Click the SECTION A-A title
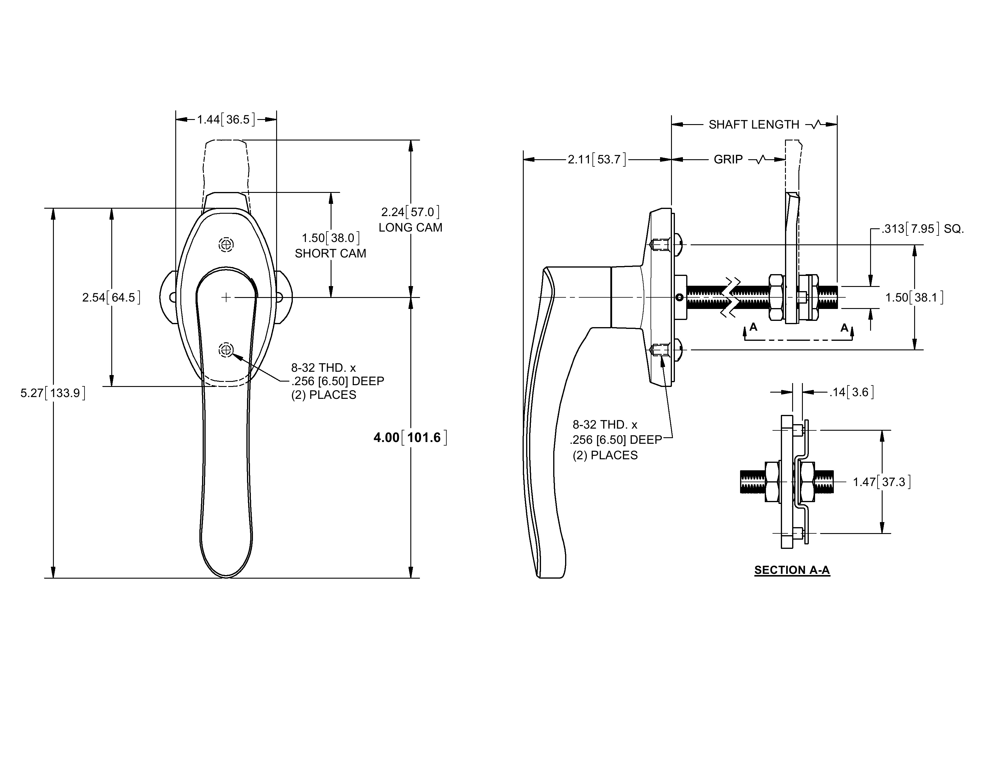coord(792,570)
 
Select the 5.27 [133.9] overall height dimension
coord(53,393)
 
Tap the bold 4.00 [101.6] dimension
coord(410,438)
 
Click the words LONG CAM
coord(410,227)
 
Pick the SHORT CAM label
coord(331,254)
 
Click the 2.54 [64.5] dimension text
coord(111,297)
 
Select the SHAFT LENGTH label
coord(754,124)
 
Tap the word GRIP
coord(728,160)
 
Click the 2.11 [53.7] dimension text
coord(597,159)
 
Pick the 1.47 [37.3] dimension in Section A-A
coord(882,482)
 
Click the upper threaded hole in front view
coord(226,245)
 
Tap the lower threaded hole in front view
coord(226,349)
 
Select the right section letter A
coord(845,328)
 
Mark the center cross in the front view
coord(226,297)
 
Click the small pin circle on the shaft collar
coord(679,297)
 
